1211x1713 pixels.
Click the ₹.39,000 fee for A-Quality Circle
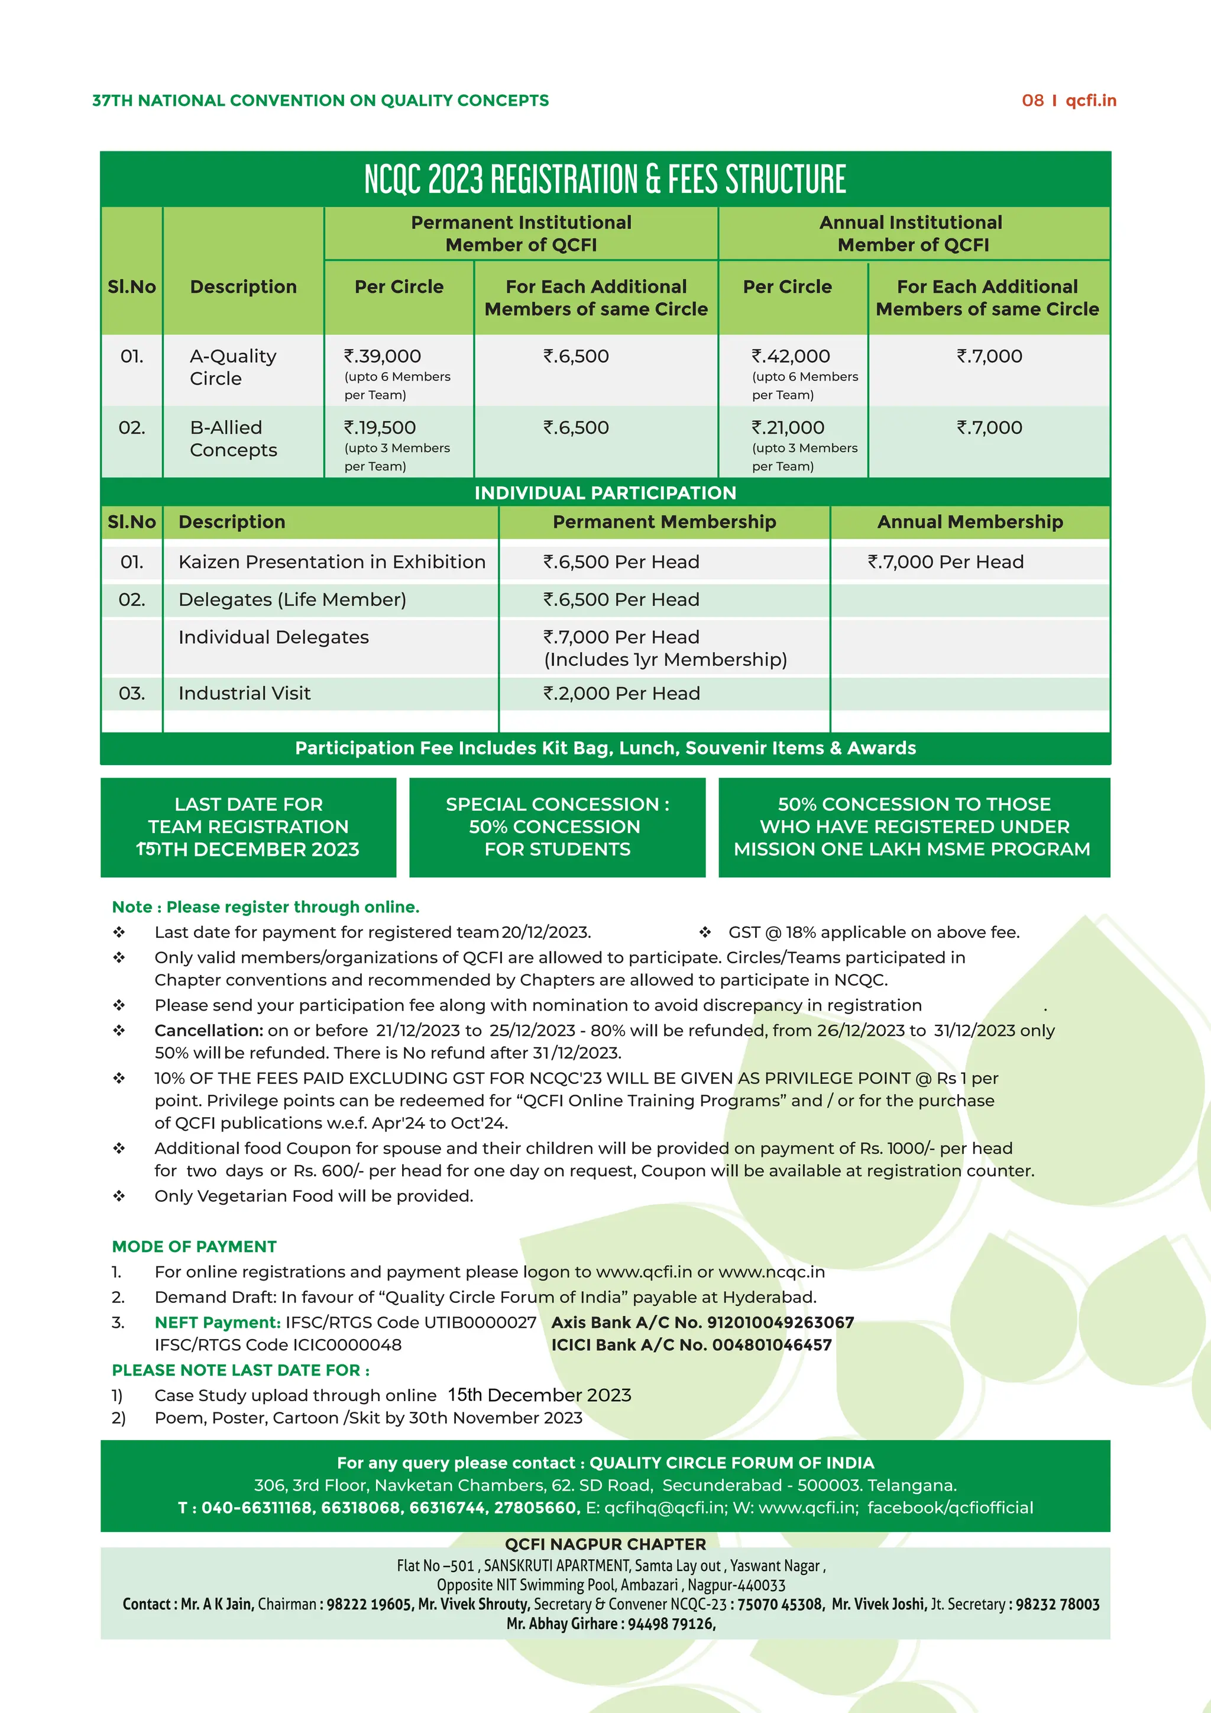click(x=383, y=357)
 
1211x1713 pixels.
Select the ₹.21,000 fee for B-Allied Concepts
click(x=788, y=427)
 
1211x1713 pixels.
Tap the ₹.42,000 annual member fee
click(x=791, y=357)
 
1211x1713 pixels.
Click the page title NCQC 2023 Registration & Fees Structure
click(x=605, y=180)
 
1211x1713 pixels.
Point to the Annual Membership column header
click(x=969, y=521)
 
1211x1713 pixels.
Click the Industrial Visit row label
click(x=245, y=693)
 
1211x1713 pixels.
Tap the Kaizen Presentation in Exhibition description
click(x=332, y=562)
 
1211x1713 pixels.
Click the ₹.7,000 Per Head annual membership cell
click(x=946, y=562)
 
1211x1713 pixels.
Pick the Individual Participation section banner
click(x=605, y=492)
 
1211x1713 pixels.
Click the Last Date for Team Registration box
click(x=248, y=827)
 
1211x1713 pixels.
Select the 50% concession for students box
click(x=557, y=827)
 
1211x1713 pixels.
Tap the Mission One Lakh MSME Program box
click(x=914, y=827)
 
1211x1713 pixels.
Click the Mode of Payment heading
click(x=194, y=1247)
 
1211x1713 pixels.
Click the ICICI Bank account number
click(x=771, y=1345)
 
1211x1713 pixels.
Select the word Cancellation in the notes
click(x=209, y=1030)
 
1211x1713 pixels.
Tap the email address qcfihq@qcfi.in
click(x=665, y=1508)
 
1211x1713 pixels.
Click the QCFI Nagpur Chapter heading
click(x=605, y=1544)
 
